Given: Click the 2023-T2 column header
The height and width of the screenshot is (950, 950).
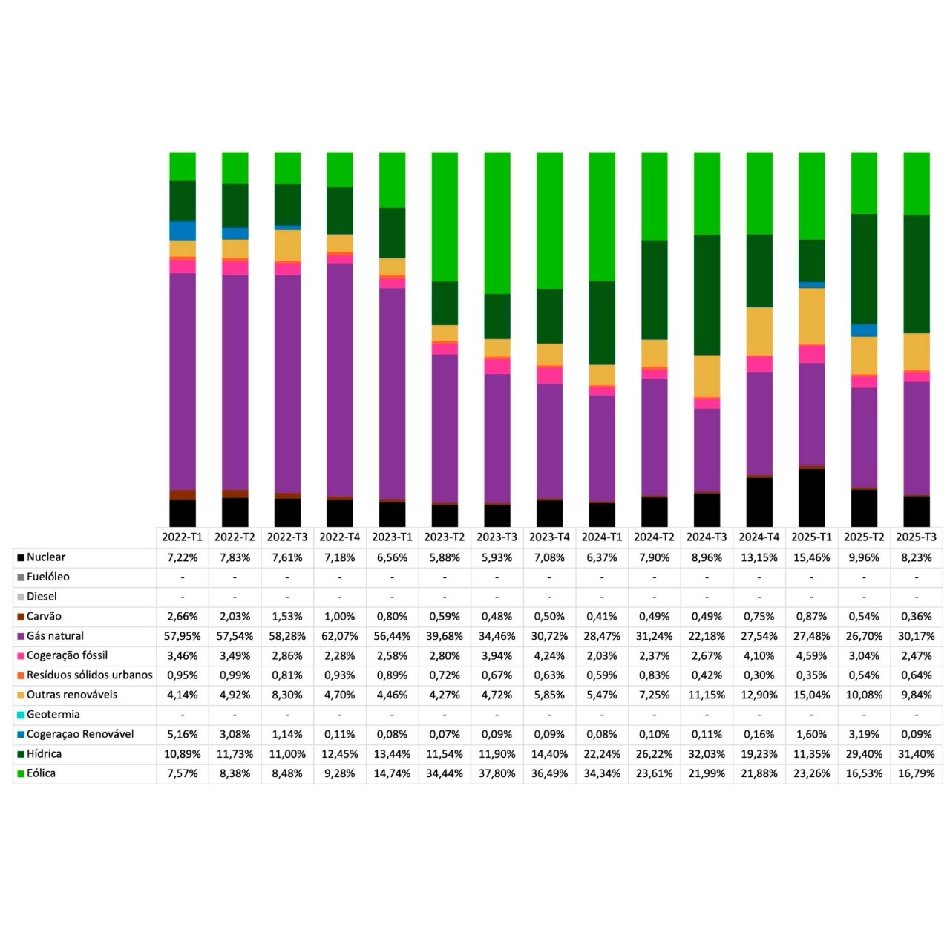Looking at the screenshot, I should pos(444,537).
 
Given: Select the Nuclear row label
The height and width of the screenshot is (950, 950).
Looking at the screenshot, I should pos(46,557).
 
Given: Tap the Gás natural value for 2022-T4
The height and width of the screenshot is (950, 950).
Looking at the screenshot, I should pos(339,636).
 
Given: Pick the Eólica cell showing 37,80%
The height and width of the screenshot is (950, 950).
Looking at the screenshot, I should pos(497,773).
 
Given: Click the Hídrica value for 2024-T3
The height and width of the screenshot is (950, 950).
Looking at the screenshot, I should pos(707,754).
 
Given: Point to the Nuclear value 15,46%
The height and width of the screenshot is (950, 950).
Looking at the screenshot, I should pos(811,557).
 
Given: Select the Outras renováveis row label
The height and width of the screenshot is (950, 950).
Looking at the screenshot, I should pos(72,695).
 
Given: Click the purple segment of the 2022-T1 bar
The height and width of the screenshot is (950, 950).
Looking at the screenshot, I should pos(183,381).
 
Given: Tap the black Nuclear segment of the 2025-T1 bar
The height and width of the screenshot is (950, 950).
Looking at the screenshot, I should pos(811,497).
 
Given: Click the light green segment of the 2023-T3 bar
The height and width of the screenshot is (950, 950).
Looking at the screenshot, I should pos(497,223).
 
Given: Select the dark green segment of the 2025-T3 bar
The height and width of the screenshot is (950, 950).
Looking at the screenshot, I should pos(917,274).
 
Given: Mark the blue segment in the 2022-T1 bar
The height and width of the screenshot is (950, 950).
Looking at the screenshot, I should pos(183,231).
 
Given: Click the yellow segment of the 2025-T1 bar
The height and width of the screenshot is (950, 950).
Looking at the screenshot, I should pos(811,316).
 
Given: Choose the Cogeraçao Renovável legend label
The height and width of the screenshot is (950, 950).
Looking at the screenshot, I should pos(80,734).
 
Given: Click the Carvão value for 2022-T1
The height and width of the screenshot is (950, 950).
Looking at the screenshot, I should pos(183,616).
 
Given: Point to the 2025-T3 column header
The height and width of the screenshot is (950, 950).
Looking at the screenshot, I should pos(916,537).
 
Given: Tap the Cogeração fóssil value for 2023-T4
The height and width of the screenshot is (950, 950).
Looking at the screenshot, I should pos(549,655).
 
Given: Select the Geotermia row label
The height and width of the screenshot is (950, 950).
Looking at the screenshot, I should pos(53,714).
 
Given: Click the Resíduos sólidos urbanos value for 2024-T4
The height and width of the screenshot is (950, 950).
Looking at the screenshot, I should pos(759,675).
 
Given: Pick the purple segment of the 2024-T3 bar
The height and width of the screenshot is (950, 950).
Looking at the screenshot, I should pos(707,450).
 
